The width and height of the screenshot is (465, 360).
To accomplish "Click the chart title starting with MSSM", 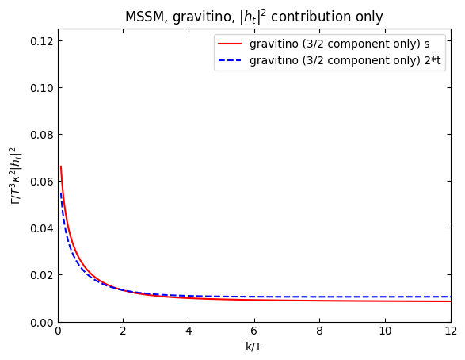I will pos(253,17).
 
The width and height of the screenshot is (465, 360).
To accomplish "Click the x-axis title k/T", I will pos(253,347).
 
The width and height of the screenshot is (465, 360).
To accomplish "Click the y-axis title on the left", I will pos(16,175).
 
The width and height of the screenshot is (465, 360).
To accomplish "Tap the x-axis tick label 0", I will pos(58,332).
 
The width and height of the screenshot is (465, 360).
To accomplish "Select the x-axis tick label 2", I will pos(123,332).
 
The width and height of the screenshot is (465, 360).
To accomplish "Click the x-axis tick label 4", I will pos(189,332).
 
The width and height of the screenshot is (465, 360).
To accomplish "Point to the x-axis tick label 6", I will pos(254,332).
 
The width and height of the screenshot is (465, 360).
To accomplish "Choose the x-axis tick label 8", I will pos(319,332).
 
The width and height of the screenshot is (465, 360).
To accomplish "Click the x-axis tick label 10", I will pos(385,332).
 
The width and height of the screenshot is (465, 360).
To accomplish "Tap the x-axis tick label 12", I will pos(450,332).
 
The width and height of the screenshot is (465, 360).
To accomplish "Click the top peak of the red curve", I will pos(60,167).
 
